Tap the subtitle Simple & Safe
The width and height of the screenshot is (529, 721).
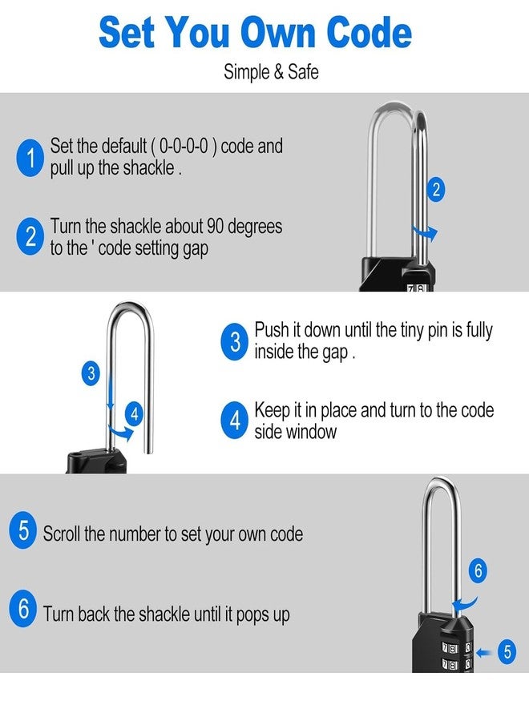(x=271, y=71)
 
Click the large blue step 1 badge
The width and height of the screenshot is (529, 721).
(x=30, y=157)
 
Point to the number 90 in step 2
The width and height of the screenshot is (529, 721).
(x=216, y=227)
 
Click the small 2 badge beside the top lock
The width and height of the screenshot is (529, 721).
(x=436, y=190)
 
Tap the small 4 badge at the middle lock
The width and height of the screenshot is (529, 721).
(x=135, y=414)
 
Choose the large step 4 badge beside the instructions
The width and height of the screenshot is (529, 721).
(x=235, y=421)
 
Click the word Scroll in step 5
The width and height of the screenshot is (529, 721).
(x=62, y=534)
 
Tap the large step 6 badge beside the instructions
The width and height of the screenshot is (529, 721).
(x=23, y=610)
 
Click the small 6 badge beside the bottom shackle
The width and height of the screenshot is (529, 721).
(x=478, y=571)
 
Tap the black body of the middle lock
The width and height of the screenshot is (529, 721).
(x=97, y=462)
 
